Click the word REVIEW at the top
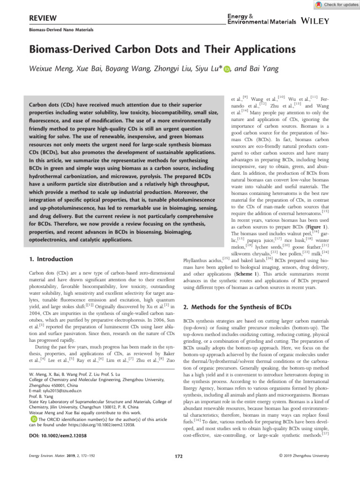(x=43, y=18)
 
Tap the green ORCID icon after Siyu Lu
(x=227, y=69)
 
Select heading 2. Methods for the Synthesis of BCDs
(x=238, y=307)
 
